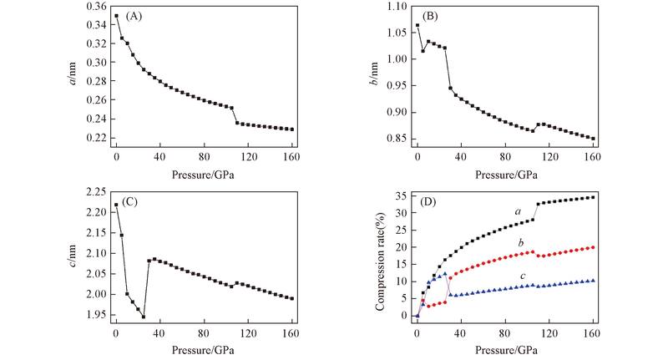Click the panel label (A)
[x=134, y=16]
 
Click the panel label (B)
[x=434, y=15]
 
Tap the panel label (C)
[x=134, y=201]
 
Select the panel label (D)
[x=434, y=201]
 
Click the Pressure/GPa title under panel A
[x=204, y=175]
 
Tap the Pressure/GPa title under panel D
[x=504, y=348]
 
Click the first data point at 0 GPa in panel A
[x=117, y=16]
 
